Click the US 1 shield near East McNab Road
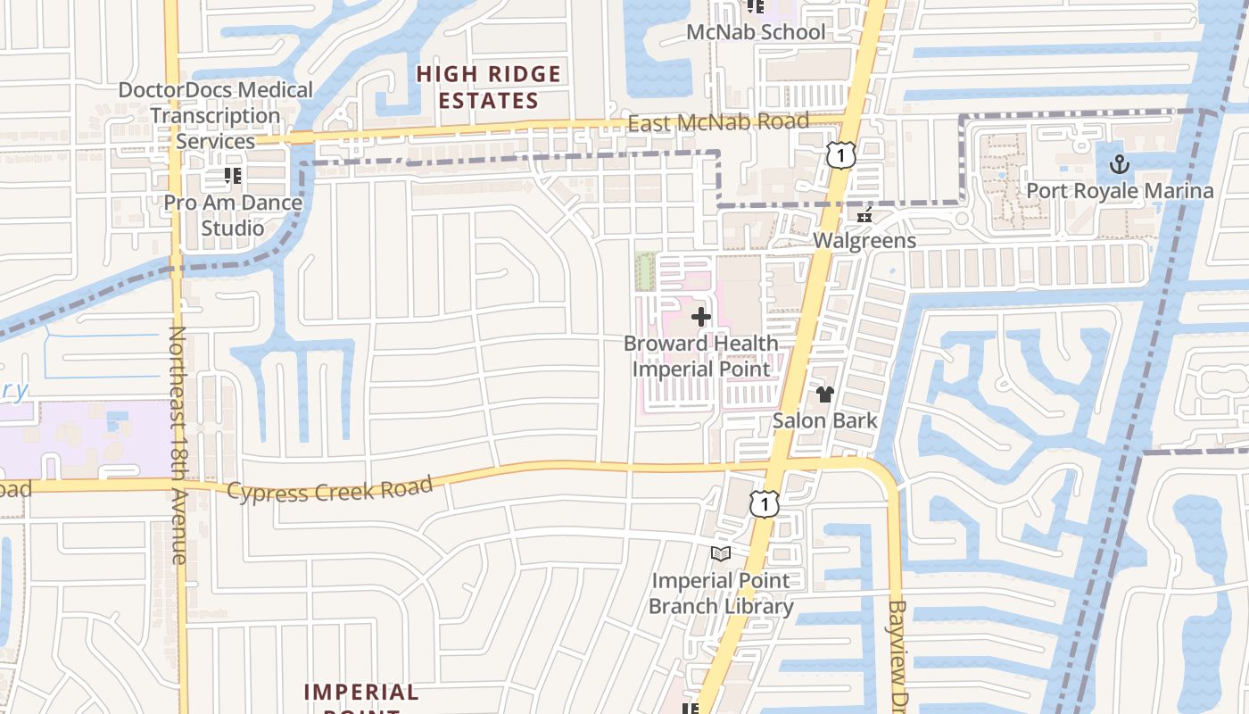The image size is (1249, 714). click(x=840, y=154)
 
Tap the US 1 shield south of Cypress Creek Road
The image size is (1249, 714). click(x=765, y=503)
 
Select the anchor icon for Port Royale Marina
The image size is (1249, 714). click(x=1119, y=164)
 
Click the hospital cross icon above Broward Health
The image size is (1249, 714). click(x=701, y=317)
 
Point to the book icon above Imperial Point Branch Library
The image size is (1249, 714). click(x=720, y=554)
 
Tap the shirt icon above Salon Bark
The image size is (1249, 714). click(x=824, y=394)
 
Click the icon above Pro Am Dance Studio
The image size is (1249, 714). click(x=233, y=175)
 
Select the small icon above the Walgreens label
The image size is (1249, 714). click(x=864, y=215)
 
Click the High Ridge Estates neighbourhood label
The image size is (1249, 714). click(x=489, y=87)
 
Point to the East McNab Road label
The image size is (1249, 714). click(x=718, y=122)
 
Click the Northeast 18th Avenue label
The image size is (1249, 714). click(x=178, y=444)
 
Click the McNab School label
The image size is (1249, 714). click(x=756, y=32)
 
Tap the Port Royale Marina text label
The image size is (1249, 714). click(x=1120, y=191)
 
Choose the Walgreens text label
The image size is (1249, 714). click(x=864, y=241)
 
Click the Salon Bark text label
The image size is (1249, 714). click(x=824, y=420)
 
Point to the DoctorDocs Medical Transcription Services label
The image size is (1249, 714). click(x=215, y=115)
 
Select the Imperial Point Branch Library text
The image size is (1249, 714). click(x=720, y=594)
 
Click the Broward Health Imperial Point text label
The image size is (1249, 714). click(x=701, y=356)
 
